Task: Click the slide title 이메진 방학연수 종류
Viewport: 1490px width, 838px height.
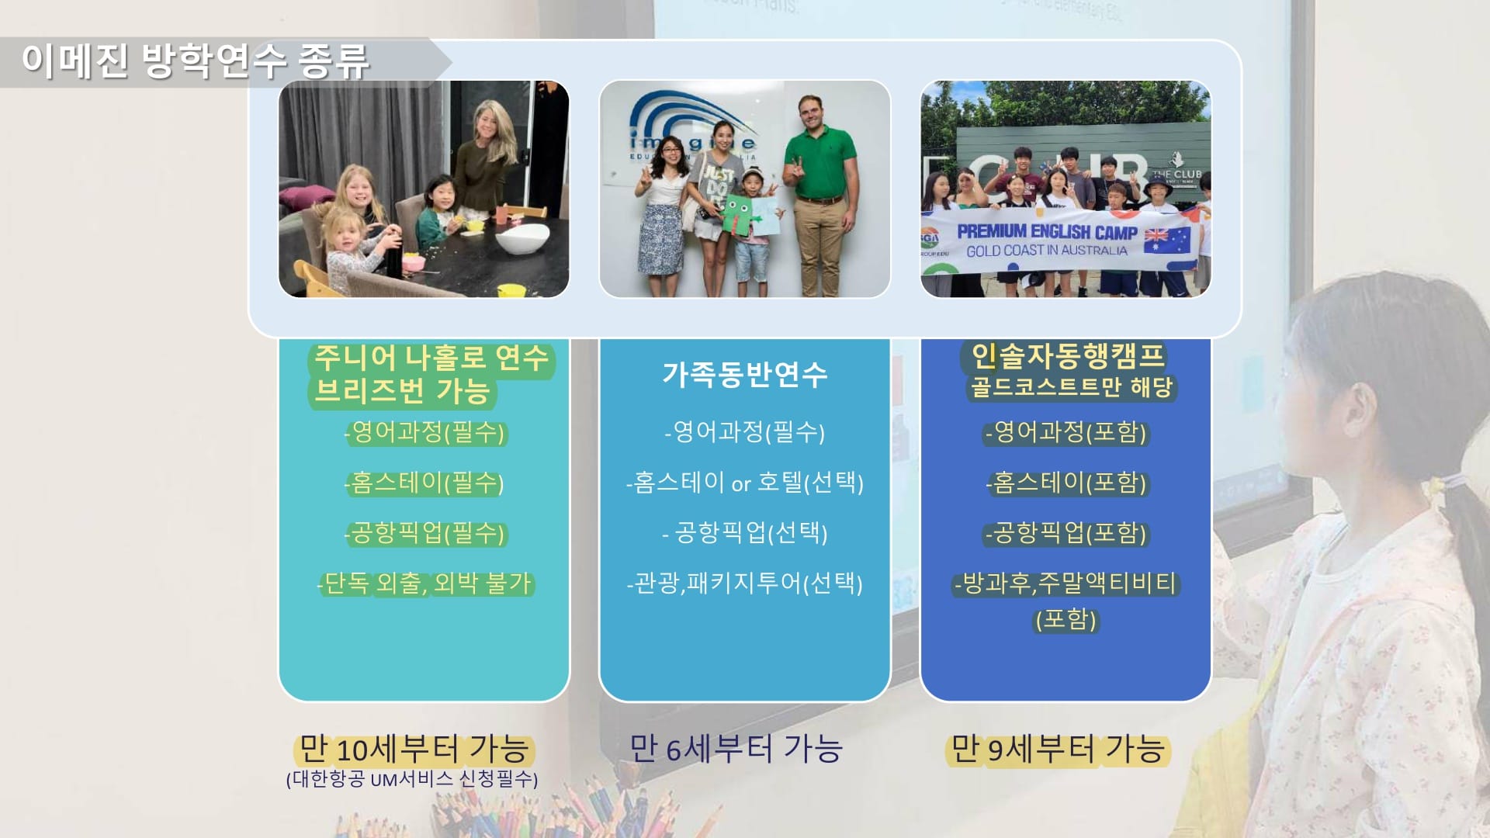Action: pyautogui.click(x=196, y=61)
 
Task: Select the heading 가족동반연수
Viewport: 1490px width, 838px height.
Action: pyautogui.click(x=745, y=375)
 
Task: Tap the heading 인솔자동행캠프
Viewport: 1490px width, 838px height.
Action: pyautogui.click(x=1068, y=356)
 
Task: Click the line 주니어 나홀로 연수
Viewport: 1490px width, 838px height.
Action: pyautogui.click(x=431, y=358)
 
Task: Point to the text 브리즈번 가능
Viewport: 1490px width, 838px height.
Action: pyautogui.click(x=402, y=390)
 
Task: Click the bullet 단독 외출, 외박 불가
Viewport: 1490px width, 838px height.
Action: pyautogui.click(x=426, y=583)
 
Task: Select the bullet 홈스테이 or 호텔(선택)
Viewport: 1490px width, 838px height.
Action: pyautogui.click(x=745, y=483)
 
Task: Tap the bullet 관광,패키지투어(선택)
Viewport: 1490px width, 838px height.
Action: pyautogui.click(x=745, y=583)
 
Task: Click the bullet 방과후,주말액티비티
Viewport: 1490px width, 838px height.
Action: pyautogui.click(x=1066, y=583)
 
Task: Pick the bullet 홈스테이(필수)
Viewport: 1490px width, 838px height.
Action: pyautogui.click(x=424, y=483)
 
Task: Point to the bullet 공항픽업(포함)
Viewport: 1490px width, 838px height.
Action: pyautogui.click(x=1066, y=533)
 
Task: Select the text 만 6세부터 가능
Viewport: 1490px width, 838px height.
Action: pyautogui.click(x=736, y=750)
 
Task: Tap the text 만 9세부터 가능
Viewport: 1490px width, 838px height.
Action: pyautogui.click(x=1058, y=750)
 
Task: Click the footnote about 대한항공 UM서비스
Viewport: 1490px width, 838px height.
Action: pyautogui.click(x=412, y=779)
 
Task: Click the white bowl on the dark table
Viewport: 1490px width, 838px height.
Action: pyautogui.click(x=522, y=239)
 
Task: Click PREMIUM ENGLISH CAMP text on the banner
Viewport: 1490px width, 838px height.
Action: pyautogui.click(x=1047, y=232)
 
